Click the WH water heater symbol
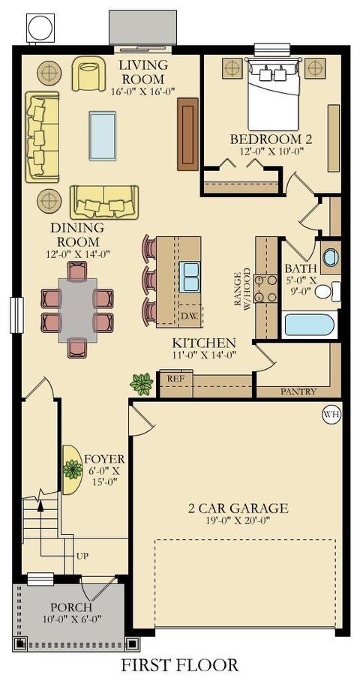[331, 414]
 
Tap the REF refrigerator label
[173, 378]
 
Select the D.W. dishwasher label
[190, 316]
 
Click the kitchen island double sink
[190, 276]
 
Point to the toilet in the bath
[328, 291]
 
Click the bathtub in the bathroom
[310, 325]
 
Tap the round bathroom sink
[331, 257]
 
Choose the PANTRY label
[298, 391]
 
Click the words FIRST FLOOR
[180, 664]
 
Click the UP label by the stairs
[82, 556]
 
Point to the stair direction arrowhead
[40, 505]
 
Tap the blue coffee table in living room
[103, 136]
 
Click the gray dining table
[77, 309]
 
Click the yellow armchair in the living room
[89, 73]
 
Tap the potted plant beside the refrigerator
[142, 384]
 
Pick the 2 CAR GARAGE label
[238, 508]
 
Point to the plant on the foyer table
[73, 469]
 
